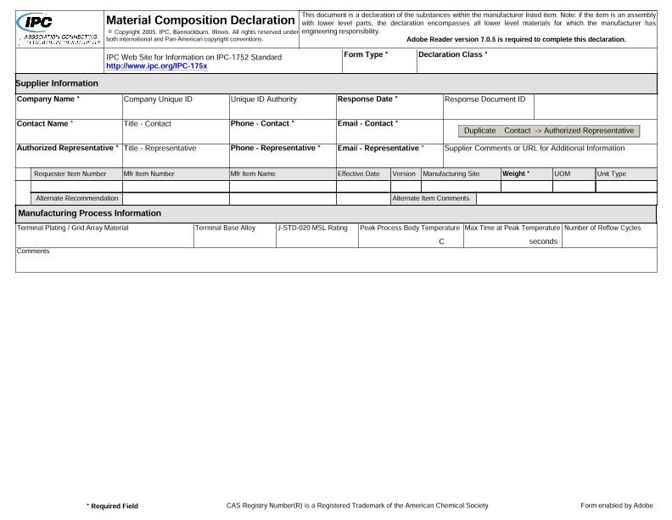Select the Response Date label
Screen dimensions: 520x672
point(367,99)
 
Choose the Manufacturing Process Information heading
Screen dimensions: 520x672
point(91,213)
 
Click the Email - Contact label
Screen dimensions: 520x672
point(368,123)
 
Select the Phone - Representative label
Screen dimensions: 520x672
point(276,148)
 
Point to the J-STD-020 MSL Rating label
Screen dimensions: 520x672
point(313,228)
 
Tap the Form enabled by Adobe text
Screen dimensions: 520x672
point(617,506)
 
